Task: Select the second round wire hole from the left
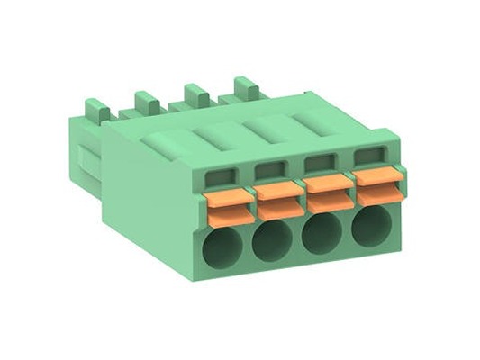coord(272,240)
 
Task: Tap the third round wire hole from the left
coord(320,234)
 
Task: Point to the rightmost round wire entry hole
coord(367,229)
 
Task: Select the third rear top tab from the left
coord(195,94)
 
